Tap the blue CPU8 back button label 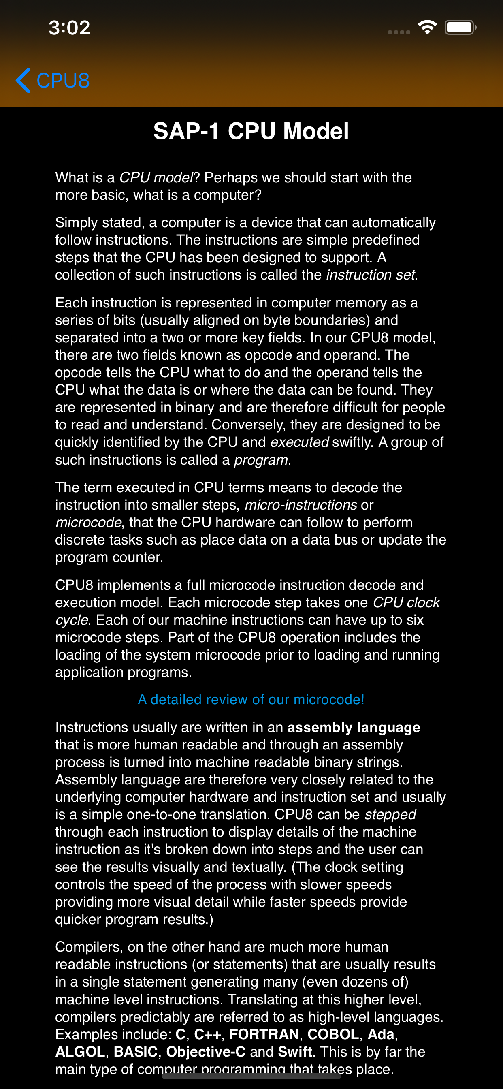(63, 80)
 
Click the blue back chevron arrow (23, 80)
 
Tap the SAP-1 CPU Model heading (251, 131)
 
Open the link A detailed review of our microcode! (251, 700)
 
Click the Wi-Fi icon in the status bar (427, 28)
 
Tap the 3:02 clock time (69, 28)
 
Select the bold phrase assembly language (354, 728)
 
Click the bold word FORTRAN (264, 1034)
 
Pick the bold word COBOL (333, 1034)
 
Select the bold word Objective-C (206, 1052)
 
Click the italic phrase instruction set (371, 275)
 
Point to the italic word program (261, 460)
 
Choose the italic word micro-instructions (301, 505)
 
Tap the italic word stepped (390, 815)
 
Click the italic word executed (299, 442)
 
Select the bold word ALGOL (80, 1052)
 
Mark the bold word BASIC (136, 1052)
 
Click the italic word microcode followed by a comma (88, 523)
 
